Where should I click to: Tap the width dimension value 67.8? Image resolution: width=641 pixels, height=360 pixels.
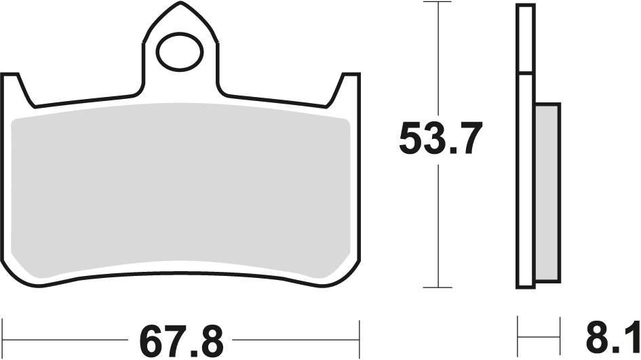180,337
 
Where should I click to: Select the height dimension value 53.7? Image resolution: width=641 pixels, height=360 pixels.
440,140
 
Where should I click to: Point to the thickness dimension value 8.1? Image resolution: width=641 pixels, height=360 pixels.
611,337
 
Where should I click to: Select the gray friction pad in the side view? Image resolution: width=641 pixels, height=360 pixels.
547,193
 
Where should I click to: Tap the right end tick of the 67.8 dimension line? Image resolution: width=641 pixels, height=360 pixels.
360,336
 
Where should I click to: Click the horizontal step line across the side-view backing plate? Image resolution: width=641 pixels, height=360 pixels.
526,73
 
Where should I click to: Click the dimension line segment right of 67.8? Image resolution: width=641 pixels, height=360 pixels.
298,337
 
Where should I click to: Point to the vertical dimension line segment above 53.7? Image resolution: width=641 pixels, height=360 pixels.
440,61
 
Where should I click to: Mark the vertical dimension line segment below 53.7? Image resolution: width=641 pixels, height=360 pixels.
440,224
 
